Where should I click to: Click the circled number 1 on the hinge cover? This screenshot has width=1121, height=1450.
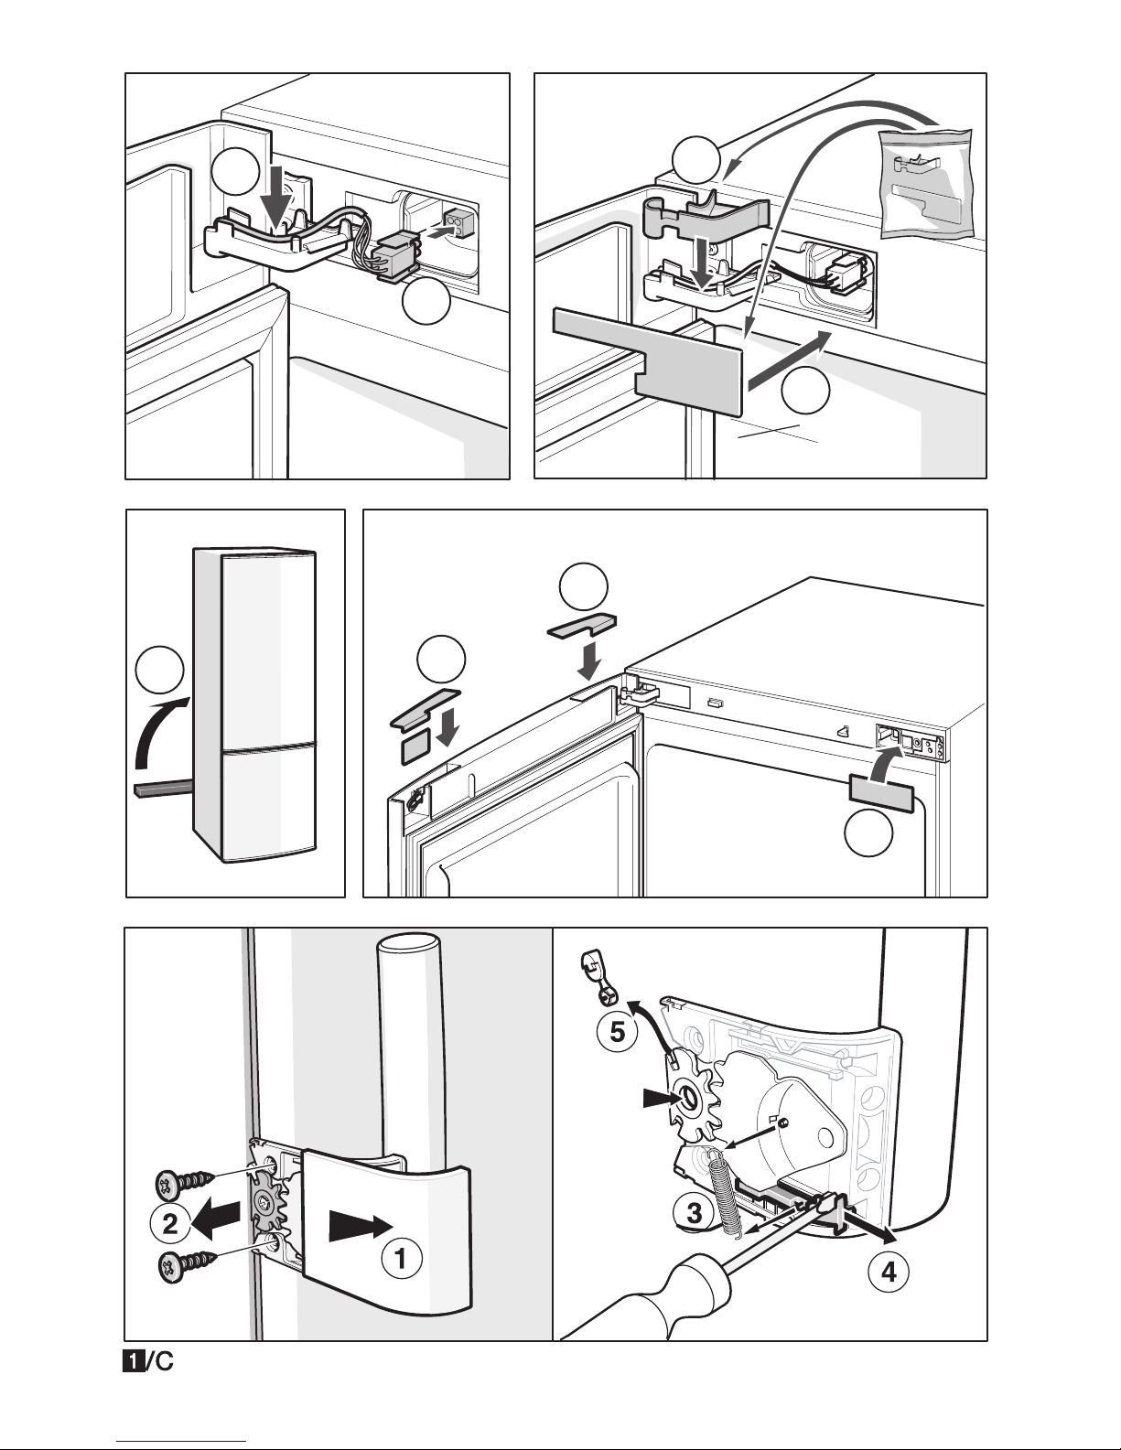click(401, 1259)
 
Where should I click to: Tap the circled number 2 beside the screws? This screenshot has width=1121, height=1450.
click(170, 1224)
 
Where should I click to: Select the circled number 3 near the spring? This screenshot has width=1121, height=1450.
click(695, 1212)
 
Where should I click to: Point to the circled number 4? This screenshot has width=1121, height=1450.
click(889, 1272)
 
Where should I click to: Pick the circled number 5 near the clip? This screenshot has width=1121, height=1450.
click(617, 1032)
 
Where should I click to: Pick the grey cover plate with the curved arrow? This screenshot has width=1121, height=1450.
click(880, 793)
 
